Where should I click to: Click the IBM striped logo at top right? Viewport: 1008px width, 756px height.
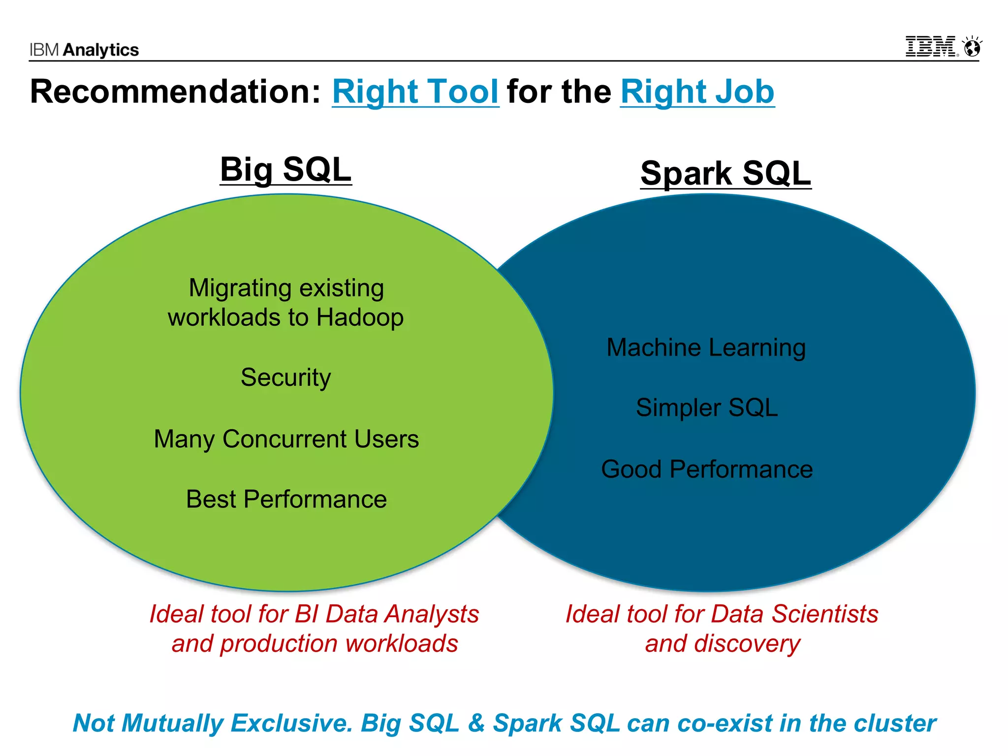tap(931, 46)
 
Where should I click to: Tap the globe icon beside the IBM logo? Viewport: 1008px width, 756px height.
tap(972, 47)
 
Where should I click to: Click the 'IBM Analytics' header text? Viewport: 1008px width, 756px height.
tap(84, 50)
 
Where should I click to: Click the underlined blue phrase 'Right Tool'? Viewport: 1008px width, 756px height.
tap(415, 92)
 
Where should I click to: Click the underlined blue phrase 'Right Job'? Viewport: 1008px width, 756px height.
tap(697, 92)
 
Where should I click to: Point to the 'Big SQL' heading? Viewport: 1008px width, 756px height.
tap(285, 169)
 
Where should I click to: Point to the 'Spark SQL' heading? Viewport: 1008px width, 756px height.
tap(725, 173)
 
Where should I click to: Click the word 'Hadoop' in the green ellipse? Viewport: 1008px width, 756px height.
tap(360, 317)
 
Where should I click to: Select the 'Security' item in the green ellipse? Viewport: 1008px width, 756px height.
tap(285, 378)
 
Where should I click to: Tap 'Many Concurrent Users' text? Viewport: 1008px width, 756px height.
tap(286, 439)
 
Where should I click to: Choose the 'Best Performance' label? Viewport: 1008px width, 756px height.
tap(286, 499)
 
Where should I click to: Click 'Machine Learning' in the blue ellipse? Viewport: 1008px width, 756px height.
tap(706, 347)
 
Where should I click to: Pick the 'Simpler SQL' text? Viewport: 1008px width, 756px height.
tap(707, 408)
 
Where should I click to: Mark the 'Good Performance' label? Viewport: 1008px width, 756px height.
tap(707, 469)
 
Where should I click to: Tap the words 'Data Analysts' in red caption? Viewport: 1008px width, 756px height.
tap(402, 614)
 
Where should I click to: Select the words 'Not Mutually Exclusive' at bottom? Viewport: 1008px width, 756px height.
tap(212, 723)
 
